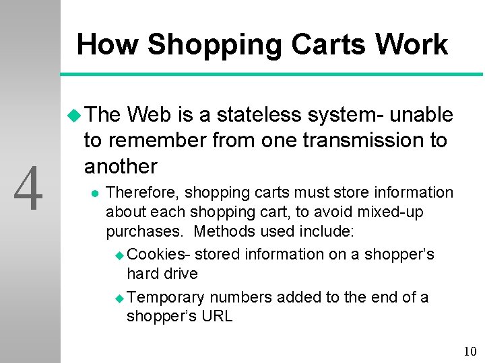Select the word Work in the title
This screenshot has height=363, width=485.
point(412,45)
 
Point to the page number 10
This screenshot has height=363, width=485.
point(470,352)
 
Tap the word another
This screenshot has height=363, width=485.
point(121,166)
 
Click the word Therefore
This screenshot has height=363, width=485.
point(143,193)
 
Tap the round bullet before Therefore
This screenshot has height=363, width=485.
point(94,194)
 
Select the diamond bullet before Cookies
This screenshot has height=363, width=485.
point(119,255)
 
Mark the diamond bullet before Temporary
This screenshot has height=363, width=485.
point(119,298)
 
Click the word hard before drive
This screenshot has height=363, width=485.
point(143,274)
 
